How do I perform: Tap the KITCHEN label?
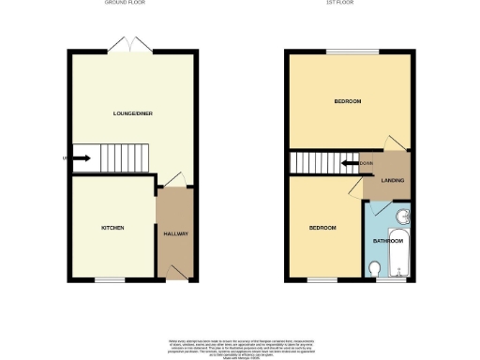(x=112, y=228)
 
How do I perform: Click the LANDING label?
(x=379, y=180)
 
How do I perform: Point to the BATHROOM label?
(x=387, y=241)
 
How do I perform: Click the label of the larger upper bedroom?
(x=348, y=100)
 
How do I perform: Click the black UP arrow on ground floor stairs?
(x=82, y=158)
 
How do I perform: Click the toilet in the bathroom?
(x=375, y=269)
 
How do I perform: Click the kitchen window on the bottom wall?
(x=110, y=279)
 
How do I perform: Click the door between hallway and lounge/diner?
(x=172, y=181)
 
